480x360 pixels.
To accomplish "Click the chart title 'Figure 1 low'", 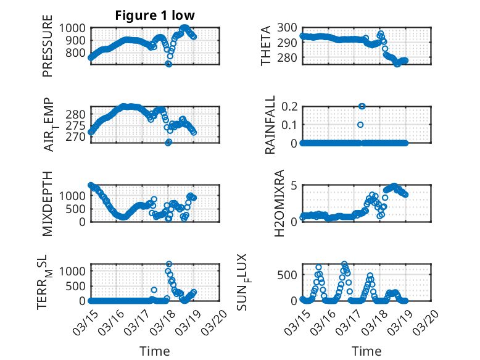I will [155, 15].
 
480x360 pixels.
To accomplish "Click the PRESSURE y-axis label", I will [48, 51].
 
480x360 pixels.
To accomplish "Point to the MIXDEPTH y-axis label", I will [48, 203].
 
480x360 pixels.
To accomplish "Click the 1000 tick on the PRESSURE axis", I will [74, 28].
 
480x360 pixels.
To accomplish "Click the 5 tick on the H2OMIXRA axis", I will [295, 185].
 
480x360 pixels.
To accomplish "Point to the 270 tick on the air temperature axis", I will [78, 136].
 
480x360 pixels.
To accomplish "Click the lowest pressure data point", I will [168, 64].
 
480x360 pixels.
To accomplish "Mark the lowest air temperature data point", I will [168, 142].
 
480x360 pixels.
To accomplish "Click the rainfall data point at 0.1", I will [360, 125].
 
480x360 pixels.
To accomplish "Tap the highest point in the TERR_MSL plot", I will [168, 264].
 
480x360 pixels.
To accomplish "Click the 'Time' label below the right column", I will [366, 351].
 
